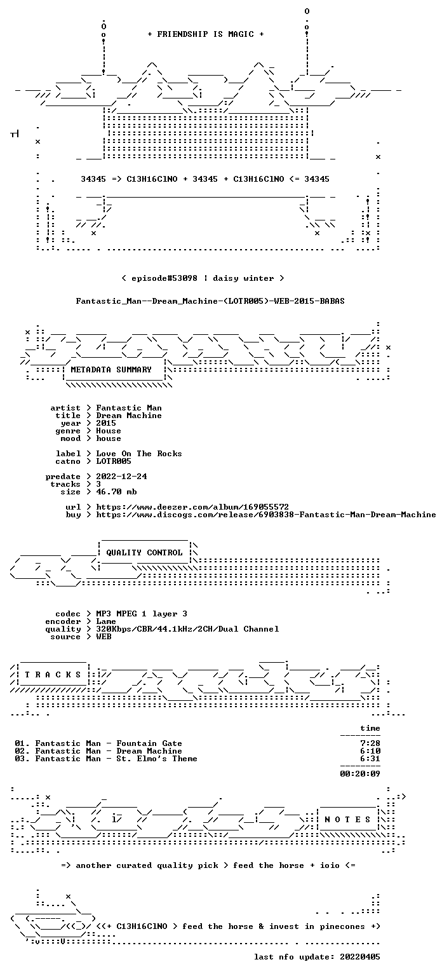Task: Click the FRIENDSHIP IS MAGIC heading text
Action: point(206,34)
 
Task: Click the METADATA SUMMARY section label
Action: point(111,369)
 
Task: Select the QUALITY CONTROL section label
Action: point(144,552)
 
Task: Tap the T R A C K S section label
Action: point(53,674)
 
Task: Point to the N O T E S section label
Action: point(347,820)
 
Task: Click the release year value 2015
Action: point(106,423)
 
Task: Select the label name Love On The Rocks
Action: point(139,454)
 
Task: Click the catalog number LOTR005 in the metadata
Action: point(114,461)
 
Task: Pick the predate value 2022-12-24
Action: point(121,477)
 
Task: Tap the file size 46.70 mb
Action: point(116,492)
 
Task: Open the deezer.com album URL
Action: point(192,507)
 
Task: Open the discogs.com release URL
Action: point(266,515)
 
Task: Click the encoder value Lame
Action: point(106,621)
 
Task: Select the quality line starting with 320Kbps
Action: point(187,629)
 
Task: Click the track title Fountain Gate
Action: point(149,743)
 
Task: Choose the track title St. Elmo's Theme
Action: point(157,759)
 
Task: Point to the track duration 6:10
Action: point(370,751)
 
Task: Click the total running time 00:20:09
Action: point(360,774)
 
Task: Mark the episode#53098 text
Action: point(164,278)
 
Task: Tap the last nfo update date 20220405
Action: point(360,957)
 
